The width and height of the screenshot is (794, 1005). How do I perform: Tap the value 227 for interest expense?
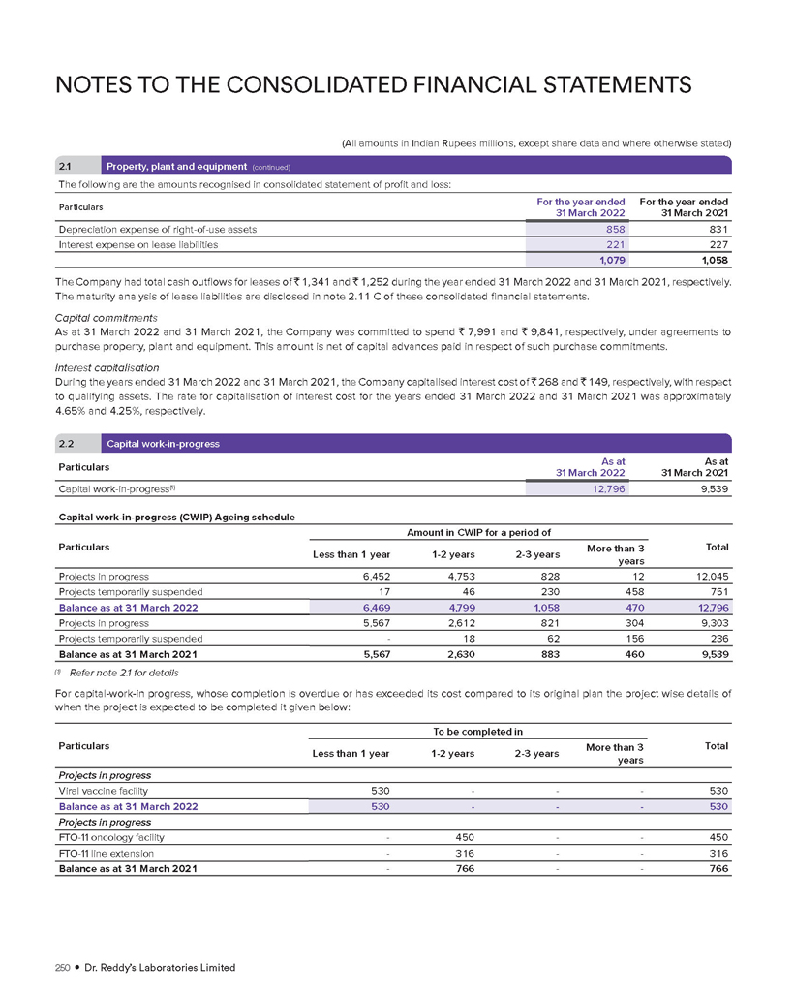[x=717, y=245]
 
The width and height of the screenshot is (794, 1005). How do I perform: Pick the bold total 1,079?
[x=607, y=262]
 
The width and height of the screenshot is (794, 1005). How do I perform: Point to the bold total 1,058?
[x=712, y=262]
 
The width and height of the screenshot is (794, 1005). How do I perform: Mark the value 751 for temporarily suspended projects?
[x=716, y=591]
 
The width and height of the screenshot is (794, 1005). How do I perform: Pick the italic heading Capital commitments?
[x=103, y=316]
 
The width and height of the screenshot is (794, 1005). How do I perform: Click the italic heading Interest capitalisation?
[x=106, y=367]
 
